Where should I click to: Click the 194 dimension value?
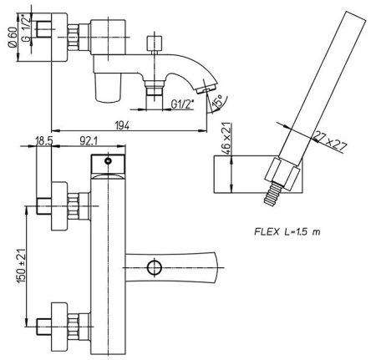click(122, 126)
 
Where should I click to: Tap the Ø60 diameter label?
click(13, 38)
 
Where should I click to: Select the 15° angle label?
click(217, 101)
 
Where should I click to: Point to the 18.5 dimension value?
click(44, 141)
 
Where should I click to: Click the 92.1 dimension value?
click(89, 141)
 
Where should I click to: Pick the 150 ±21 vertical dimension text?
click(22, 266)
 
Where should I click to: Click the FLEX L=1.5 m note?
click(287, 231)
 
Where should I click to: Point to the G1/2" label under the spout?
click(182, 104)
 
